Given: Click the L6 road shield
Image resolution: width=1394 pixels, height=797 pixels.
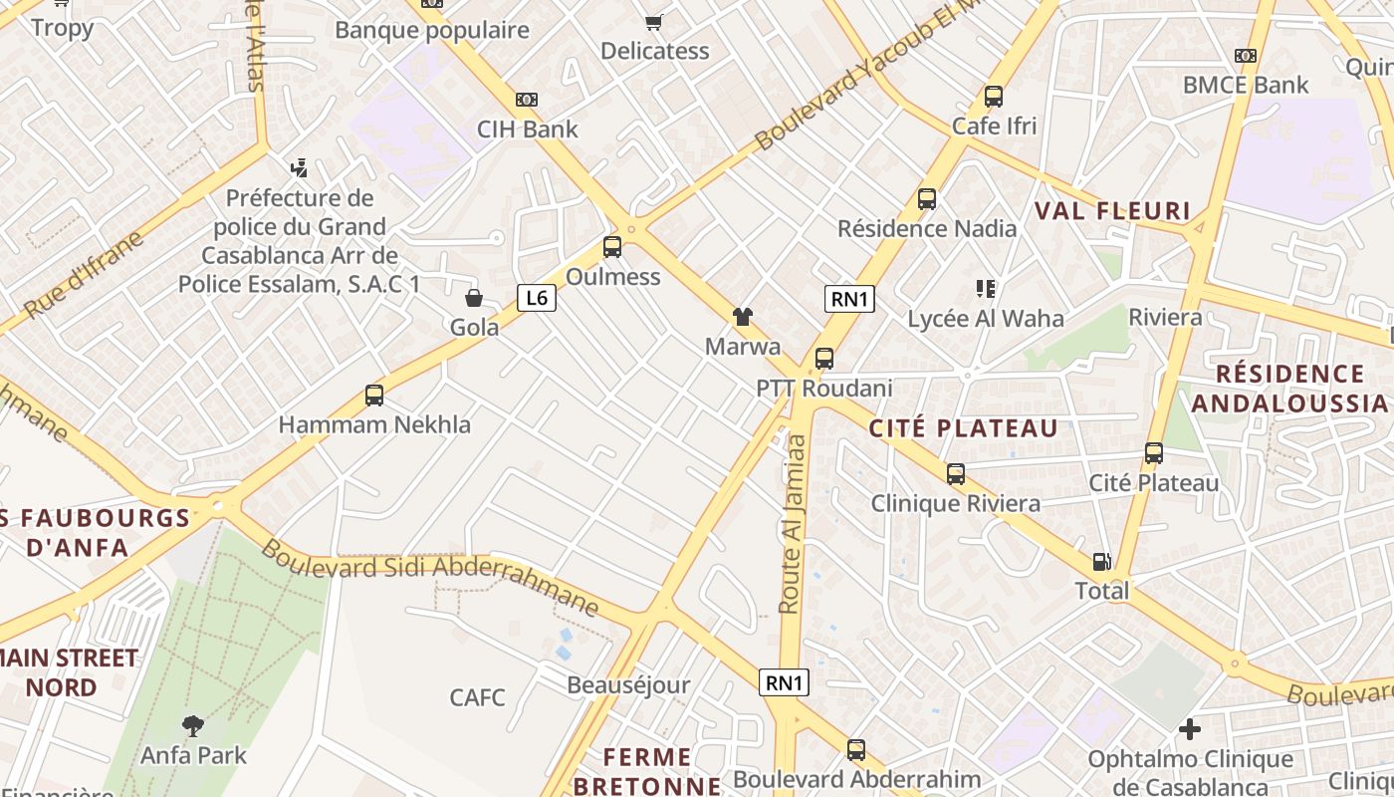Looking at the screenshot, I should click(536, 297).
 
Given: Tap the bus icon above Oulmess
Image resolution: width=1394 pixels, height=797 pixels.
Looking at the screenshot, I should click(612, 247).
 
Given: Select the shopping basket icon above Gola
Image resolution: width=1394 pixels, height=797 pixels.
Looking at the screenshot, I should click(474, 298).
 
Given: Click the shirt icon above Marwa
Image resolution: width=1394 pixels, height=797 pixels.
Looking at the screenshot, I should click(743, 318).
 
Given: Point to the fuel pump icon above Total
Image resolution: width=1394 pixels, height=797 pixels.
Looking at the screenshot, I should click(1101, 562).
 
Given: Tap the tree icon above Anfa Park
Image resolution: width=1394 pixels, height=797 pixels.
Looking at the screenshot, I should click(193, 725).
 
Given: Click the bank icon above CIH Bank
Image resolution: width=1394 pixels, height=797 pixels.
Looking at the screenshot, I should click(527, 100).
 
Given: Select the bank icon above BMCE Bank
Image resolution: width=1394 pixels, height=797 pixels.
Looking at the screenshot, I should click(1245, 56).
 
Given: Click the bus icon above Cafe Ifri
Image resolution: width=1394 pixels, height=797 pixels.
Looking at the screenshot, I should click(993, 97).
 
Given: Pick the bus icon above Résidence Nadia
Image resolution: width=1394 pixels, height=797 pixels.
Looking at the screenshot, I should click(927, 199).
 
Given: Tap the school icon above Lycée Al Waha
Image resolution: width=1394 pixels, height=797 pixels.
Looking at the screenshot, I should click(986, 289).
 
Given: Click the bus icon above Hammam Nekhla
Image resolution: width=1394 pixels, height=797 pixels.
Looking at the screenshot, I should click(374, 396).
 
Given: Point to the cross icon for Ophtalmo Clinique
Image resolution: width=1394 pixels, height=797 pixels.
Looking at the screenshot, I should click(1190, 729).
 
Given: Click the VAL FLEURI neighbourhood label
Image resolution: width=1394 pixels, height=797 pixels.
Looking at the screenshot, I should click(1112, 210).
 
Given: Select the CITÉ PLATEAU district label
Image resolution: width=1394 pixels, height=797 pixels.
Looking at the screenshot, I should click(963, 428).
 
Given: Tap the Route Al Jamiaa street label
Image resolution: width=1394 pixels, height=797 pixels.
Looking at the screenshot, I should click(792, 522).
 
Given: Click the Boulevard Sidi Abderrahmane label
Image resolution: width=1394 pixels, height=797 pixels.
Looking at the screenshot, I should click(430, 575).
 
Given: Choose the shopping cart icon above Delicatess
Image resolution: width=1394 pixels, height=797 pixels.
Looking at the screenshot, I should click(654, 22).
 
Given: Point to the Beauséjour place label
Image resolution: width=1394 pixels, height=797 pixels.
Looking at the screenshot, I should click(628, 685).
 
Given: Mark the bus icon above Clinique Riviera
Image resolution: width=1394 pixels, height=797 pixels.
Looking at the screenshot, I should click(956, 474).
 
